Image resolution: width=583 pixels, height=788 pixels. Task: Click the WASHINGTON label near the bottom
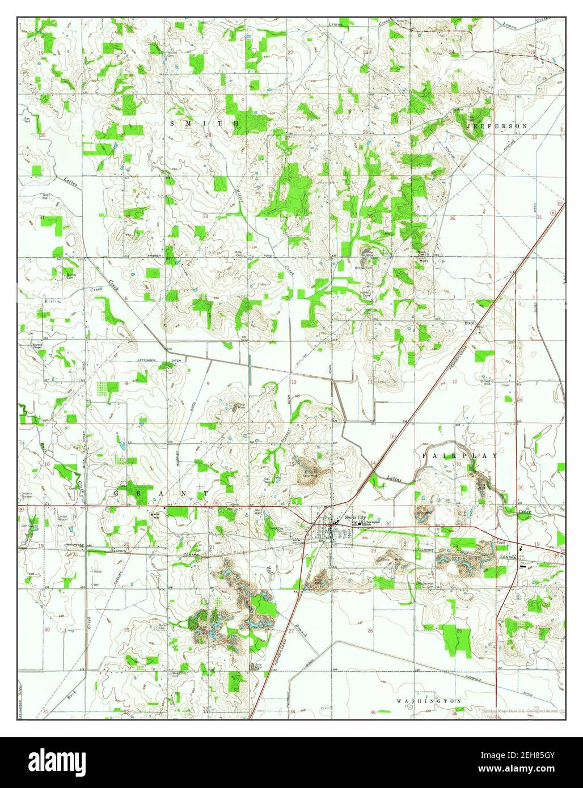coord(429,701)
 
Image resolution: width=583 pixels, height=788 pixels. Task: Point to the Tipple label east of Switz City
coord(501,543)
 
